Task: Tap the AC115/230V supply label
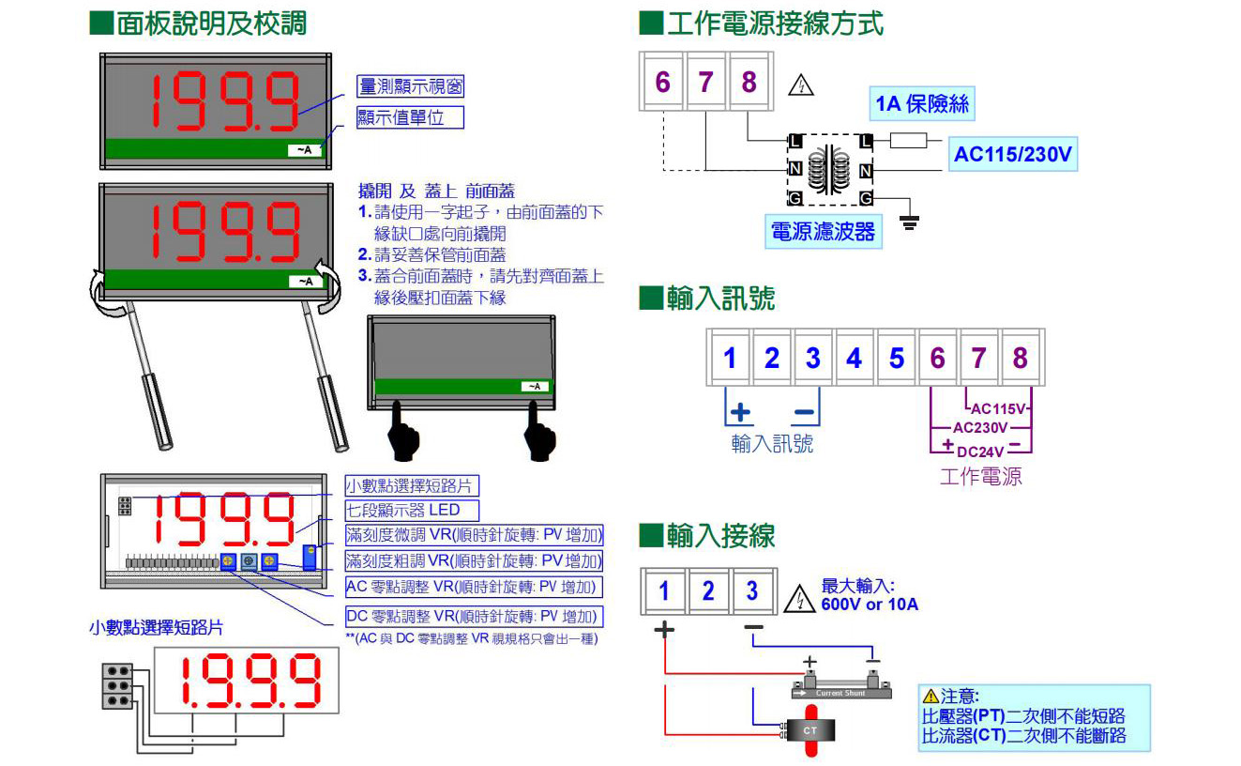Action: (x=1012, y=154)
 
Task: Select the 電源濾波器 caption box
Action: (x=823, y=231)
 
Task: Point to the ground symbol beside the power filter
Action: (x=909, y=222)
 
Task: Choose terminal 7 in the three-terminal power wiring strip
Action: (x=705, y=83)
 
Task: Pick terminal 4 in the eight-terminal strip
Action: (x=854, y=358)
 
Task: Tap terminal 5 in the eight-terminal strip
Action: (x=896, y=358)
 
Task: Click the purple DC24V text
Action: (x=981, y=452)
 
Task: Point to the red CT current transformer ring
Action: (x=810, y=730)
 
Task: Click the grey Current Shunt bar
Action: (x=840, y=692)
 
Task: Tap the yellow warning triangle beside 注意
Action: (x=931, y=696)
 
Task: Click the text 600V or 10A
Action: (x=869, y=605)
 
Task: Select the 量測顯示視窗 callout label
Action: (x=411, y=87)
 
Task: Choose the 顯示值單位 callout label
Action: (x=411, y=118)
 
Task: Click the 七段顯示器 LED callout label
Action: (x=412, y=511)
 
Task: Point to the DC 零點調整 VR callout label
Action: (x=473, y=617)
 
